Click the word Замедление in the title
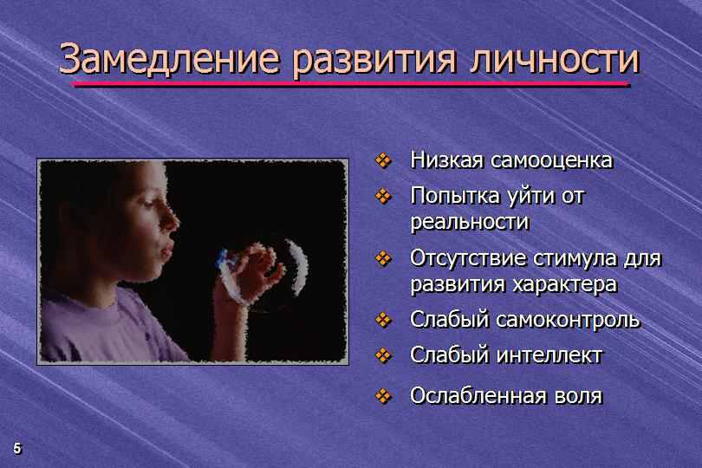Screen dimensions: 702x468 (x=169, y=60)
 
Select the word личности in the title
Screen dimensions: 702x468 (x=556, y=60)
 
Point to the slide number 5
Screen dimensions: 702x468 (x=17, y=448)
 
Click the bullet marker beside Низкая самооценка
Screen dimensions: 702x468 (x=383, y=160)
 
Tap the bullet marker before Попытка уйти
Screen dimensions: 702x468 (x=383, y=196)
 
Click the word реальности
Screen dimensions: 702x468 (x=470, y=223)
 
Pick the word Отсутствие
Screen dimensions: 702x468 (x=466, y=258)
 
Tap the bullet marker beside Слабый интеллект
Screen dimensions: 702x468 (x=383, y=355)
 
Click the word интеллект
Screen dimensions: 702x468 (x=549, y=355)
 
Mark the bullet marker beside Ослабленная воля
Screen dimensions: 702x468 (x=383, y=396)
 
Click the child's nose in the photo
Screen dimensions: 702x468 (x=171, y=220)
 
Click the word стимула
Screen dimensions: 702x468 (x=574, y=259)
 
